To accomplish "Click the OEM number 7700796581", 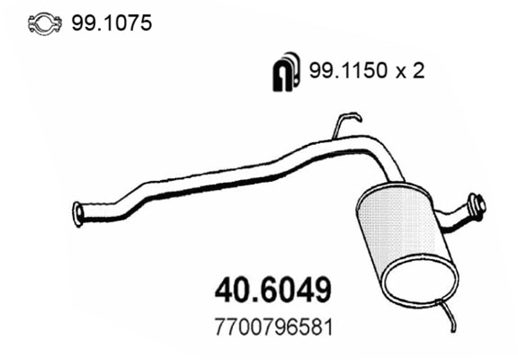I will [275, 326].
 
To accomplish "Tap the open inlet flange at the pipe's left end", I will [77, 213].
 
